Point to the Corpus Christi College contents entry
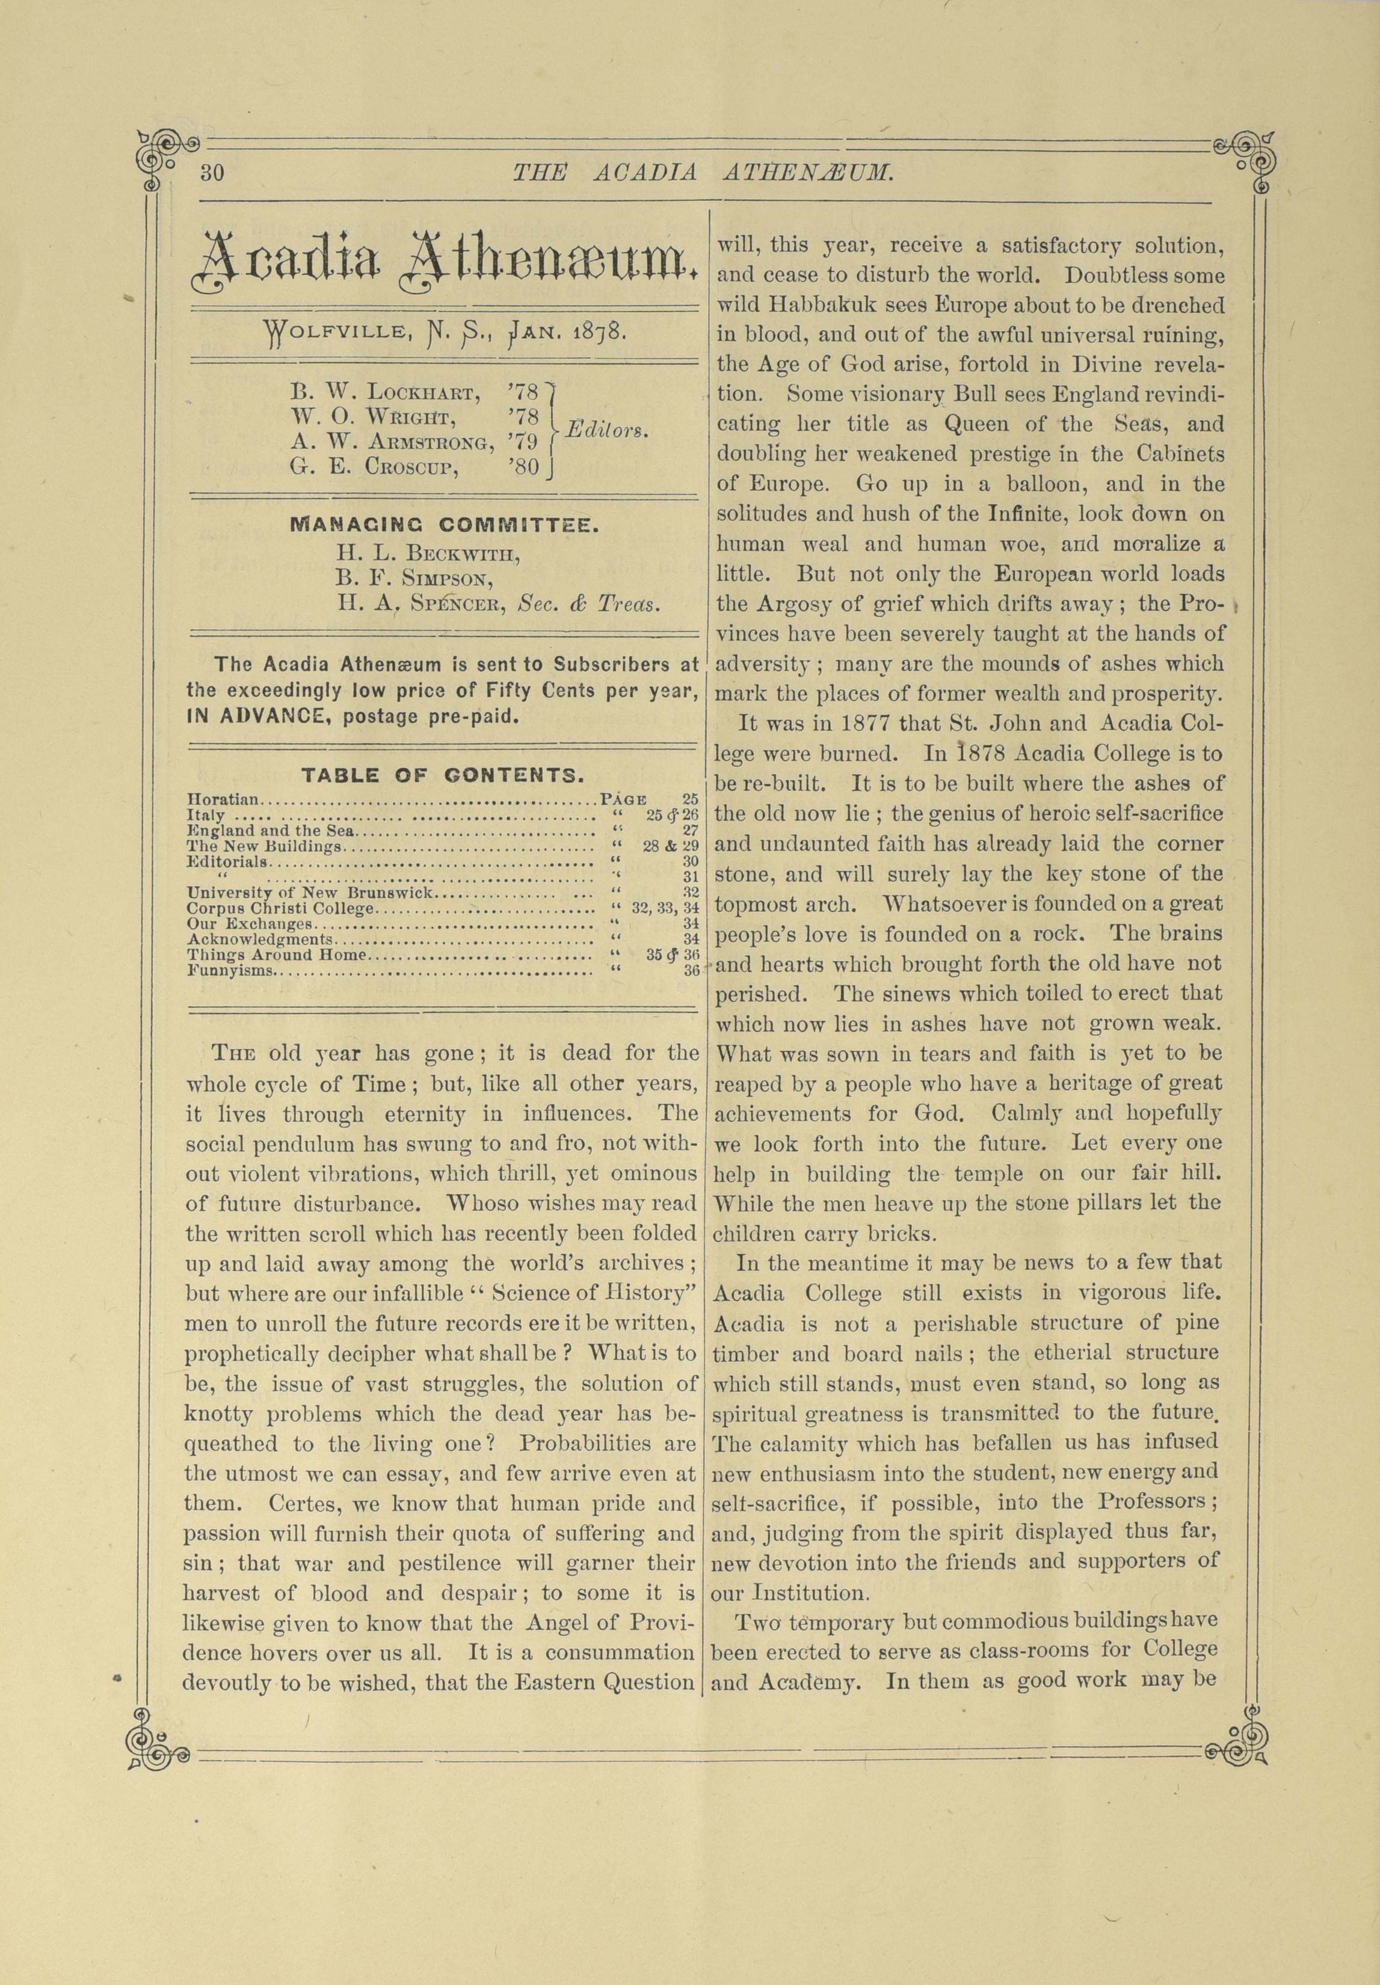pos(281,909)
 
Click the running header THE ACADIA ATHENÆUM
pos(702,173)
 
